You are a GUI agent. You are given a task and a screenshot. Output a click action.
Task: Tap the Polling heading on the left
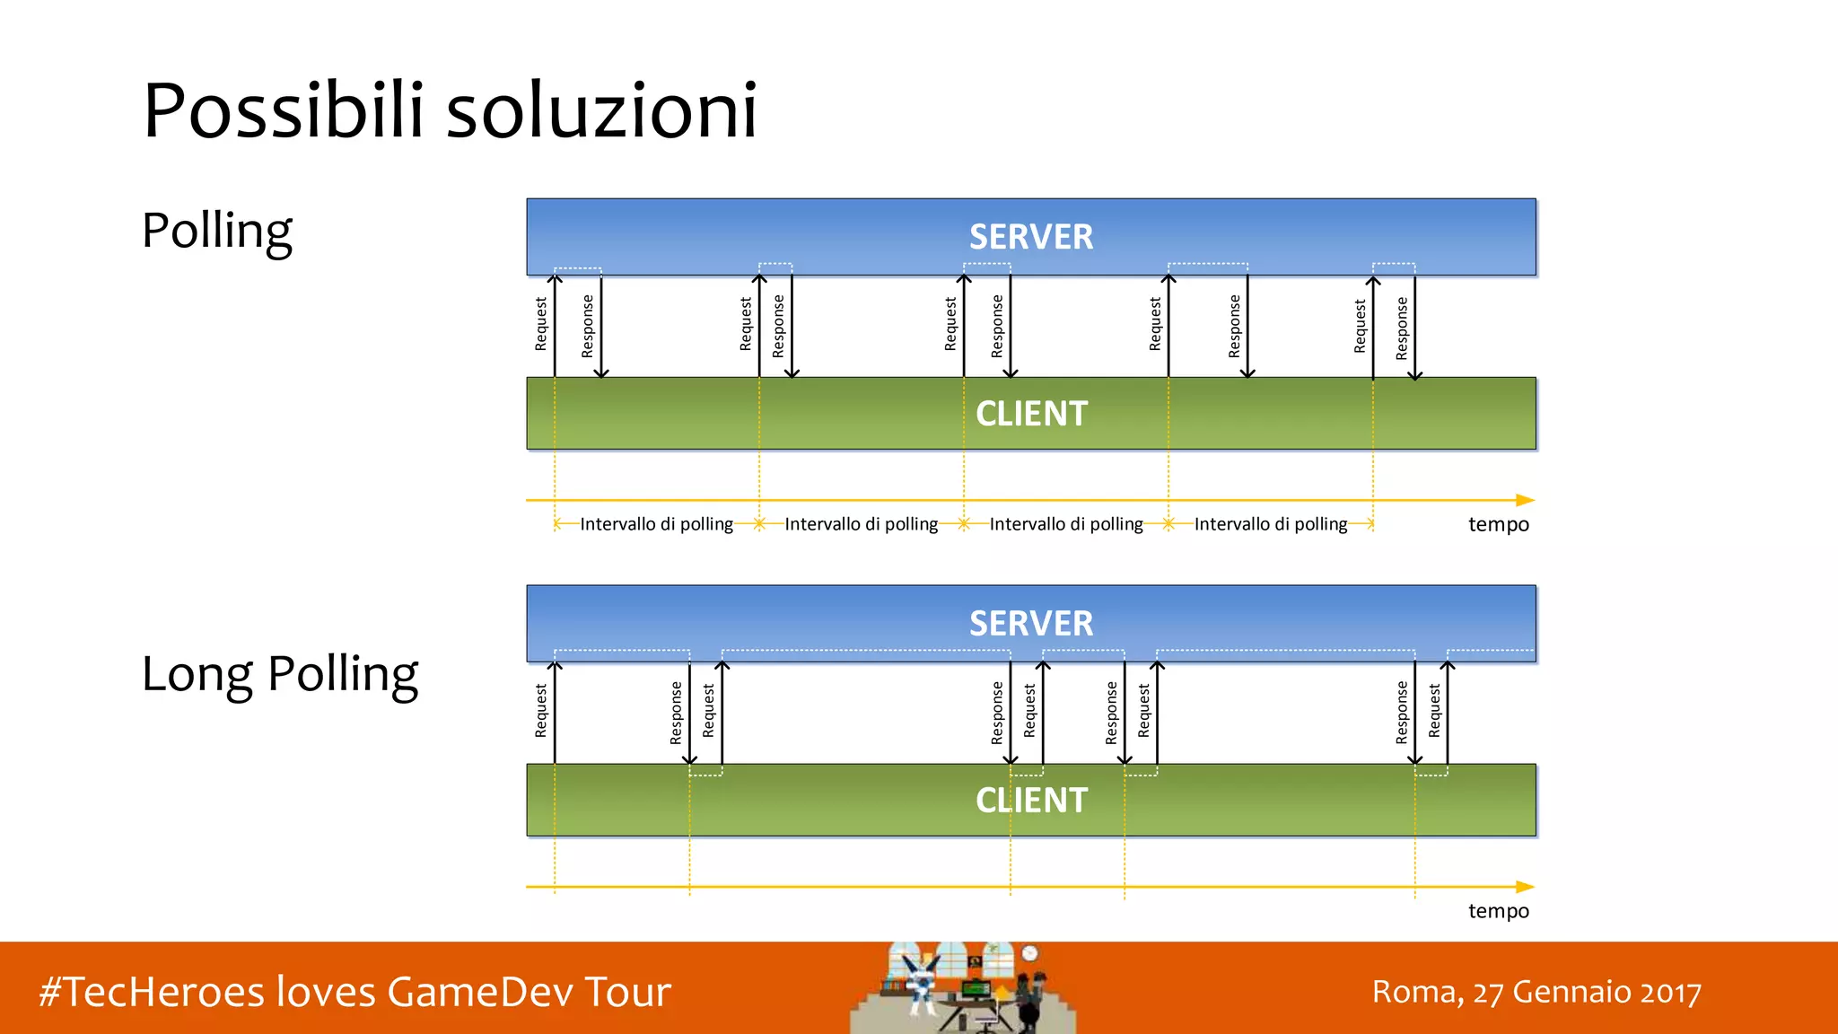(217, 232)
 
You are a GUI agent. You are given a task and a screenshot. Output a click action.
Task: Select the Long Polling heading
(280, 675)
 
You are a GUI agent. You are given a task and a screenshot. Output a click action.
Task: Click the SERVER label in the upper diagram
(1031, 237)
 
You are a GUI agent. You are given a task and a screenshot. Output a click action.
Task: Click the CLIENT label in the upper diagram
(1031, 414)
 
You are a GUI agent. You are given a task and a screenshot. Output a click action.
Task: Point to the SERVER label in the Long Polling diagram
(1031, 624)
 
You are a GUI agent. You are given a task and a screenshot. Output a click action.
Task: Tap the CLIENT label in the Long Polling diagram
(1031, 801)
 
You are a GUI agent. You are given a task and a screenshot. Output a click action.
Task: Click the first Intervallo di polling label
(656, 524)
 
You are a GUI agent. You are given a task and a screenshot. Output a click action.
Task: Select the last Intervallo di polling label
(1270, 524)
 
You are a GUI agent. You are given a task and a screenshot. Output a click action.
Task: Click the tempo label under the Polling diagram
(1498, 524)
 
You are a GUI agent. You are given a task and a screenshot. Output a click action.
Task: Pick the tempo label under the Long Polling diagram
(1498, 911)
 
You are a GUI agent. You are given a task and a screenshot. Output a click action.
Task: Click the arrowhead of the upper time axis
(1526, 500)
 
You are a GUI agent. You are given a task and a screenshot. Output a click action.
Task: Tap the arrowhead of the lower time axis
(1526, 887)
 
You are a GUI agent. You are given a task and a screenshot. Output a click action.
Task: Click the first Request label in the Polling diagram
(540, 324)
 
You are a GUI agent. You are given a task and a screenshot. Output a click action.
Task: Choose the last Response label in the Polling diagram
(1402, 328)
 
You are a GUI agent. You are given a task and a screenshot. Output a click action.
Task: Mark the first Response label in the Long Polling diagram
(676, 713)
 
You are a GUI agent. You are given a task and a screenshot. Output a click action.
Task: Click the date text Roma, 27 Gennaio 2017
(1536, 993)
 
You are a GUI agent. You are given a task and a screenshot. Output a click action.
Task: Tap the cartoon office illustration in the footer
(963, 988)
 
